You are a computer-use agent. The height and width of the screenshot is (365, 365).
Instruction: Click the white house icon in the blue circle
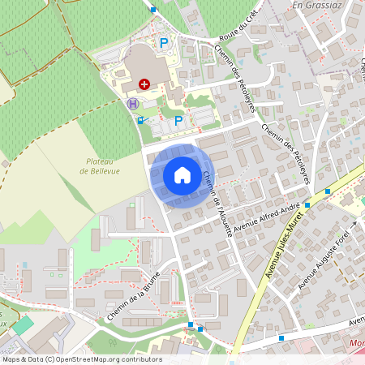point(182,174)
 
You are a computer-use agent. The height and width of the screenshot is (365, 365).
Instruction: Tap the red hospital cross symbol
point(144,84)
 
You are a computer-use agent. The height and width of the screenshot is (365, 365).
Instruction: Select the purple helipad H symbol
point(132,103)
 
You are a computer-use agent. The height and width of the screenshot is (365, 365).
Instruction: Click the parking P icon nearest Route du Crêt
point(163,42)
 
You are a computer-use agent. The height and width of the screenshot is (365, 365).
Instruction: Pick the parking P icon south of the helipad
point(178,120)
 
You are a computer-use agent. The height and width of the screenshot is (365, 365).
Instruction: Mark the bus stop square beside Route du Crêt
point(153,10)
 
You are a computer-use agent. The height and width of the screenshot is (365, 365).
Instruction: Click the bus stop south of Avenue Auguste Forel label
point(281,337)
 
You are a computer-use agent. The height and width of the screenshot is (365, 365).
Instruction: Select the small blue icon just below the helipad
point(140,120)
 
